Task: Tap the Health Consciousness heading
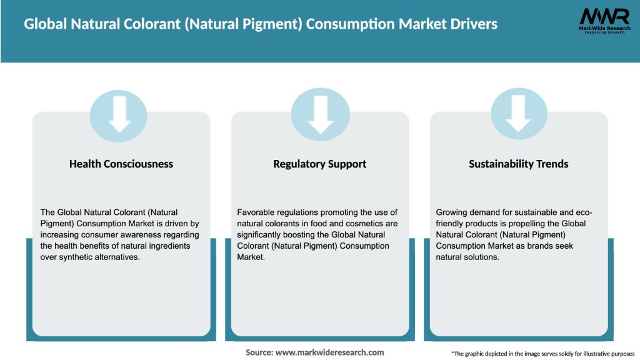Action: pos(121,164)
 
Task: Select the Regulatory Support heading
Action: pos(319,164)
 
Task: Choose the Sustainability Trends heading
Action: pos(519,164)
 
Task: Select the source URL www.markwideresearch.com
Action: pos(329,352)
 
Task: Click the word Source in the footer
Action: pos(259,352)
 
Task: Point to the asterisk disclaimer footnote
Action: pos(542,354)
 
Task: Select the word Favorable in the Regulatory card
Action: pos(256,212)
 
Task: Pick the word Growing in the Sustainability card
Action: pos(451,212)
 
